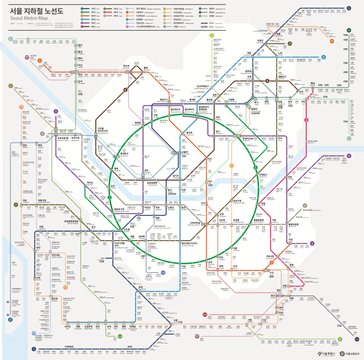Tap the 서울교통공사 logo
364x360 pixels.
pos(351,353)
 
